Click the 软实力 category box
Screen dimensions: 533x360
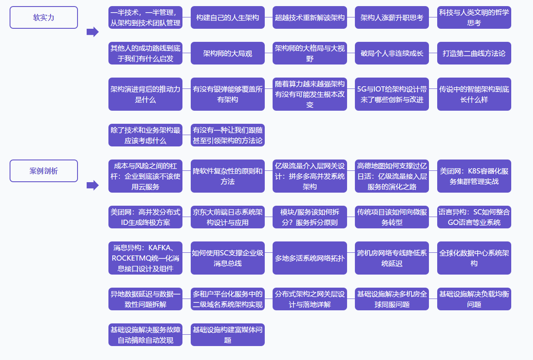point(44,17)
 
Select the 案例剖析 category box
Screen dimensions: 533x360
point(44,171)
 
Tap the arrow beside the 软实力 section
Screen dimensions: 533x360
point(93,32)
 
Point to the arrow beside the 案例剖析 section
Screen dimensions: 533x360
point(93,185)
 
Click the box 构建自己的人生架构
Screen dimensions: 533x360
point(227,17)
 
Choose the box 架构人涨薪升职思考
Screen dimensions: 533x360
point(392,17)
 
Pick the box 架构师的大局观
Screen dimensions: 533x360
point(227,53)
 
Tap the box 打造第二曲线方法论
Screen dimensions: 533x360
point(474,53)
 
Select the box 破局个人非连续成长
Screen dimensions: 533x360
point(392,53)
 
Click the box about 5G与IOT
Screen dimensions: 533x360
point(392,94)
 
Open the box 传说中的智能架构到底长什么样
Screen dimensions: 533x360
point(474,94)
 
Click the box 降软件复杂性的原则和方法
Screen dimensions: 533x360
point(227,176)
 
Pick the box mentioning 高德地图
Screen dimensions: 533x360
point(392,176)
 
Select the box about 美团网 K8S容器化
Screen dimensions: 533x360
point(474,176)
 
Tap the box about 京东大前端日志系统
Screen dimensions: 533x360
point(227,217)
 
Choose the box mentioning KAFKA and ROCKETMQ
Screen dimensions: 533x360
point(145,258)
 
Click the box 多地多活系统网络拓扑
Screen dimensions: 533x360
point(310,258)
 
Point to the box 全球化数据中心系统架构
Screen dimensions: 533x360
point(474,258)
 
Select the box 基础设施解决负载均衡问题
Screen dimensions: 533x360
point(474,299)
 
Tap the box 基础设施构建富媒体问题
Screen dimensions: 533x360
point(227,335)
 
